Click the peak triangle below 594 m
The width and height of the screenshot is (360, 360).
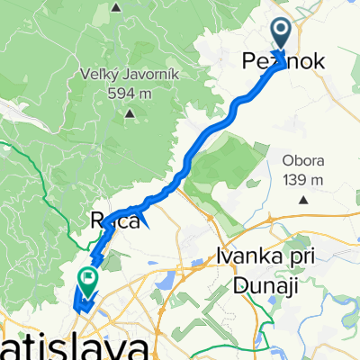(130, 113)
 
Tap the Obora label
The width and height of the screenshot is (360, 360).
(301, 160)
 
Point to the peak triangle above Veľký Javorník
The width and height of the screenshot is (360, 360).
(116, 7)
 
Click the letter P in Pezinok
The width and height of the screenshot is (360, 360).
(247, 62)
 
